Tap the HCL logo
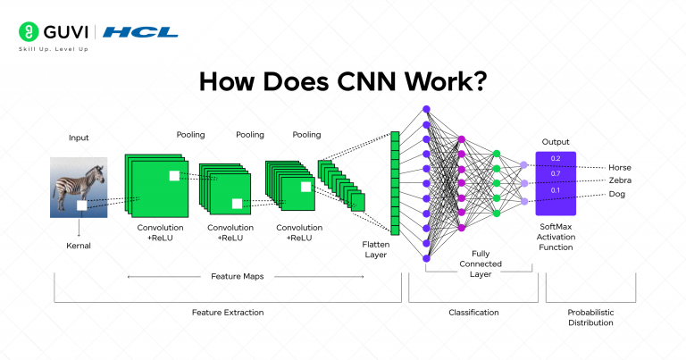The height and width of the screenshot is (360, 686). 140,33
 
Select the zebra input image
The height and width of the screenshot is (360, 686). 79,188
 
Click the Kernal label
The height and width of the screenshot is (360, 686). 79,244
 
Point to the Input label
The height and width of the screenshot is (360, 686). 79,138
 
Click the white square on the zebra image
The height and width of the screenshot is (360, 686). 81,205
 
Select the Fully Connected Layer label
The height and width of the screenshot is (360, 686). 481,264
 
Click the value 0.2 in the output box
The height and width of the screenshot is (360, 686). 556,158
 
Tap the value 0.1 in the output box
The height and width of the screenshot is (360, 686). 556,190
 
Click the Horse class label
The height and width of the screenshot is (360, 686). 620,167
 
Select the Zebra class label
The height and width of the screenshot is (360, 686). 620,180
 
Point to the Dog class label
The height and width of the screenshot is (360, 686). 617,194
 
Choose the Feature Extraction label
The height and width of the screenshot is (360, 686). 228,312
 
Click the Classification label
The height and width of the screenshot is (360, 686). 473,312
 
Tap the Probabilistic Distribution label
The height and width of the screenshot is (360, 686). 590,317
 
